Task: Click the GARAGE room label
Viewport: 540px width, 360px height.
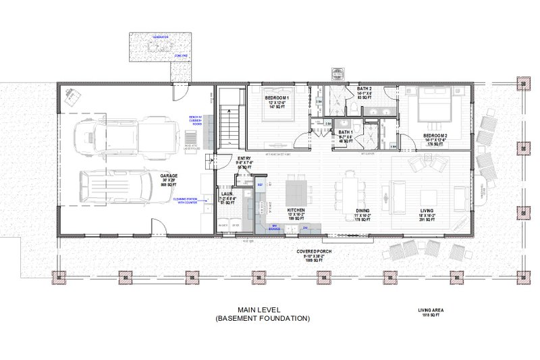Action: [x=169, y=177]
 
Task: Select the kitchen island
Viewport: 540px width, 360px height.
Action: [x=296, y=191]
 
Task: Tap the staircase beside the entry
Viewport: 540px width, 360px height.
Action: [x=231, y=125]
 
